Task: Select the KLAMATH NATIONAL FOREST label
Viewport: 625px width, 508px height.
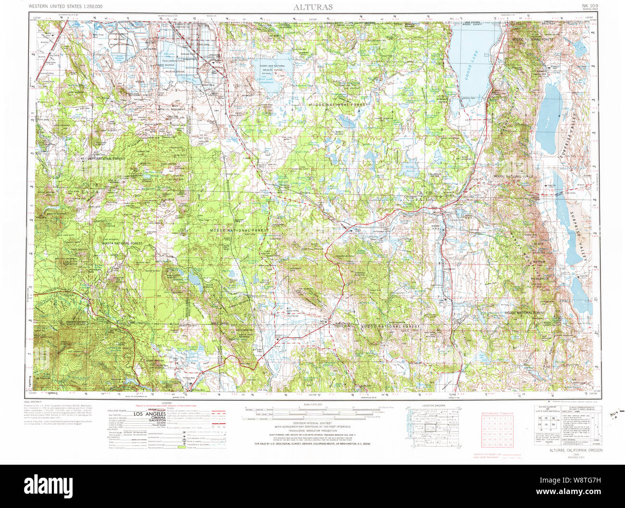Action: point(103,158)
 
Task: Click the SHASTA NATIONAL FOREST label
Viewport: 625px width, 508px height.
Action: point(122,243)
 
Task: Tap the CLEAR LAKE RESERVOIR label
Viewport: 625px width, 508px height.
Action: point(272,79)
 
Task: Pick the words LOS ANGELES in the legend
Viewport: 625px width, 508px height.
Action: point(149,414)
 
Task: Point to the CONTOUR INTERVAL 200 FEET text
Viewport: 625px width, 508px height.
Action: point(312,423)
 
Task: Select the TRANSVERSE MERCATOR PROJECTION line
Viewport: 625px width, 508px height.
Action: point(312,431)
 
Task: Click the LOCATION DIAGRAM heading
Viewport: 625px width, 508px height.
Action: point(433,406)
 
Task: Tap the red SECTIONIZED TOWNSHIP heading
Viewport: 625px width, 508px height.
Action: point(498,413)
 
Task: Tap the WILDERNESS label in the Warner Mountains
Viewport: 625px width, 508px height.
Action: point(539,279)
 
